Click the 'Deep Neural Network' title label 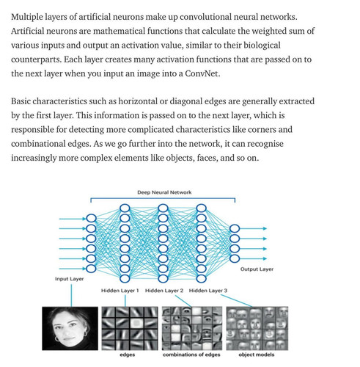pyautogui.click(x=164, y=192)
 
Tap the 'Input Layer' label pyautogui.click(x=70, y=279)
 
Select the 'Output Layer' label pyautogui.click(x=257, y=269)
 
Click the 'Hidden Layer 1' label pyautogui.click(x=120, y=291)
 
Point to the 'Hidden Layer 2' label pyautogui.click(x=164, y=291)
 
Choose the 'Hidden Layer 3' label pyautogui.click(x=208, y=291)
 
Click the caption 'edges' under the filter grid pyautogui.click(x=128, y=355)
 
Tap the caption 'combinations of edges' pyautogui.click(x=191, y=355)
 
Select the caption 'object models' pyautogui.click(x=257, y=355)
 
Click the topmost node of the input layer pyautogui.click(x=91, y=218)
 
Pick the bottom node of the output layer pyautogui.click(x=235, y=258)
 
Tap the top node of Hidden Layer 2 pyautogui.click(x=163, y=208)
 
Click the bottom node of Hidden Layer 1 pyautogui.click(x=125, y=278)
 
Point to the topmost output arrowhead pyautogui.click(x=265, y=228)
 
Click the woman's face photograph pyautogui.click(x=70, y=328)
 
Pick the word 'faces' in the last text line pyautogui.click(x=207, y=158)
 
